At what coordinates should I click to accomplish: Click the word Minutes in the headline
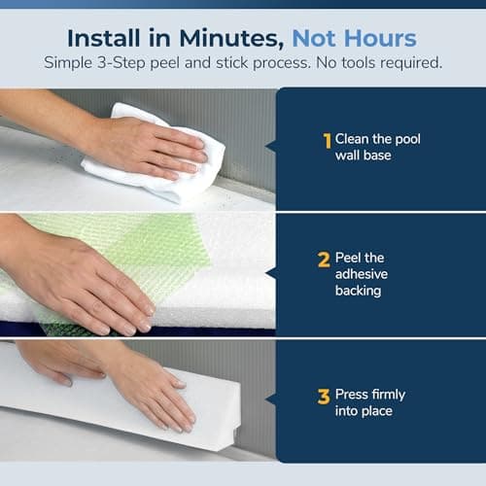coord(231,39)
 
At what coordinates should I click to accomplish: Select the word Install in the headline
coord(104,39)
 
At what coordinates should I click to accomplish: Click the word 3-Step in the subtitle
coord(121,63)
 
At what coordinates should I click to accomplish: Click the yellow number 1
coord(328,141)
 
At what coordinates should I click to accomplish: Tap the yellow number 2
coord(324,260)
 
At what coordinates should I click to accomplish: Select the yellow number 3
coord(324,397)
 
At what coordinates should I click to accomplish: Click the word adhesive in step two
coord(362,274)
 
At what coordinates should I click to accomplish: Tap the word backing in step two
coord(358,291)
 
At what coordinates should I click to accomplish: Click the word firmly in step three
coord(388,395)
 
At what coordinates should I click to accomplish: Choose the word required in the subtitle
coord(411,63)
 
